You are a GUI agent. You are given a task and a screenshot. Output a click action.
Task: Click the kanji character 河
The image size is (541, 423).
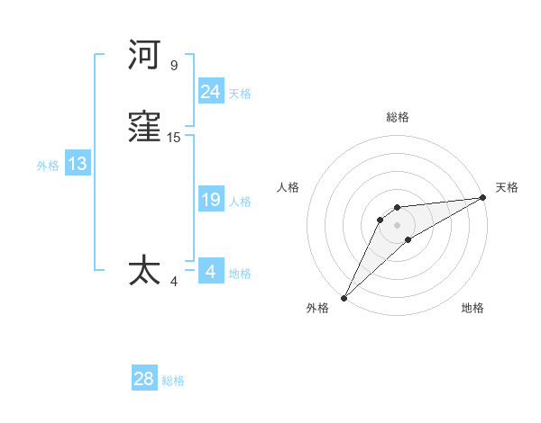click(144, 56)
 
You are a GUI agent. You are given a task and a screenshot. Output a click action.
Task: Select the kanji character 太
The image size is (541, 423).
click(144, 271)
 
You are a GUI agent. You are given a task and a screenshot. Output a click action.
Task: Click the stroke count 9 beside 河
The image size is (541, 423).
click(174, 65)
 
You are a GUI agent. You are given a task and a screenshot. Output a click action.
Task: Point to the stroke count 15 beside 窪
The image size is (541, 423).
click(174, 138)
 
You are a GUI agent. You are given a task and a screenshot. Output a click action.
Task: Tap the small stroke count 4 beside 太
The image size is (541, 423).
click(174, 281)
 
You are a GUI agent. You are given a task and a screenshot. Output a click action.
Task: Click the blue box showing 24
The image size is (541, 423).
click(210, 92)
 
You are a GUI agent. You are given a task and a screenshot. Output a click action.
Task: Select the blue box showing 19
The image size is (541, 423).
click(210, 201)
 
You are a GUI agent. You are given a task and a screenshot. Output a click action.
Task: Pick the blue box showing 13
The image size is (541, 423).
click(77, 165)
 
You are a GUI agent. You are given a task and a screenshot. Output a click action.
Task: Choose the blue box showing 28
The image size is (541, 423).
click(143, 380)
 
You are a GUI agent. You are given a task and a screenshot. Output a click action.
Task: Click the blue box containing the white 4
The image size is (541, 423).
click(210, 271)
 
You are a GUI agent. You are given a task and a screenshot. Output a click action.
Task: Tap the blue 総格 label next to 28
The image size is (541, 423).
click(173, 382)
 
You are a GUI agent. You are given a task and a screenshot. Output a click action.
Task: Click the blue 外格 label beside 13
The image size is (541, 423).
click(48, 166)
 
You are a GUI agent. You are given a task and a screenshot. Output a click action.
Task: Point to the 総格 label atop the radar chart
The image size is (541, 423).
click(397, 117)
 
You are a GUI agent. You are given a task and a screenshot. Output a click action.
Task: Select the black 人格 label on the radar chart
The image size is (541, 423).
click(289, 187)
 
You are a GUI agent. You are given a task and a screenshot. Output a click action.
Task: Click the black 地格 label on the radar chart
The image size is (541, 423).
click(472, 308)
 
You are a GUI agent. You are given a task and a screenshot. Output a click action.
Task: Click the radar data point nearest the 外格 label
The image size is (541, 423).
click(344, 297)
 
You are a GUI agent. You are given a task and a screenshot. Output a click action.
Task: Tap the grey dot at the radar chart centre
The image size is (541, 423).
click(397, 224)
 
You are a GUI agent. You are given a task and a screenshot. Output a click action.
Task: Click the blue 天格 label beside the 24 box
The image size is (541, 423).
click(240, 94)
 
